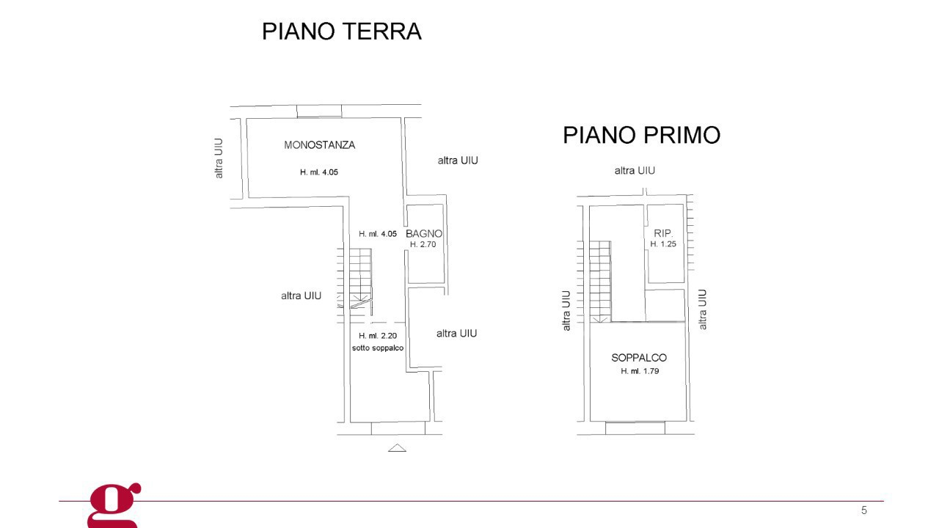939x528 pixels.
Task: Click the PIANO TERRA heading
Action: [x=342, y=32]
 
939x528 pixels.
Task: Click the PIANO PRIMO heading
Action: [x=641, y=136]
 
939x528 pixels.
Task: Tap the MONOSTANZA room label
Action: [x=319, y=145]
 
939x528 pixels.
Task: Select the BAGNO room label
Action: [x=424, y=234]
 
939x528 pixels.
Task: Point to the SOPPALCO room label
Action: [x=639, y=358]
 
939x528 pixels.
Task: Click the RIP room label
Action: [x=662, y=233]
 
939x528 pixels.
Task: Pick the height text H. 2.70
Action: [x=423, y=245]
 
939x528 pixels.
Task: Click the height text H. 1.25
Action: [x=663, y=244]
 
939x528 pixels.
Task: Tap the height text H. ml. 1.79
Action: [x=640, y=372]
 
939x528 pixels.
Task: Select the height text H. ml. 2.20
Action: [x=378, y=336]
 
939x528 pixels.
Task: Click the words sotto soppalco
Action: [x=378, y=348]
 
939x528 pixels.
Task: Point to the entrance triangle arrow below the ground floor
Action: [x=397, y=447]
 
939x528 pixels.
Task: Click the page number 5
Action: [x=863, y=510]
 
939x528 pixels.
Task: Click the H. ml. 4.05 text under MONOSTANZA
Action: [x=319, y=172]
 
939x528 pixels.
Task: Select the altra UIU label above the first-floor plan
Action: [x=635, y=171]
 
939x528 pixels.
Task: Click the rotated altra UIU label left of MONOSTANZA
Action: [x=219, y=158]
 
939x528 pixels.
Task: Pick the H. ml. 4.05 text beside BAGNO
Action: [x=378, y=234]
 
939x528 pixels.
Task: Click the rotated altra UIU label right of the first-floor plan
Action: [x=703, y=309]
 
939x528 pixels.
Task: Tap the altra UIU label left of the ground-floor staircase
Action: [x=301, y=296]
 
